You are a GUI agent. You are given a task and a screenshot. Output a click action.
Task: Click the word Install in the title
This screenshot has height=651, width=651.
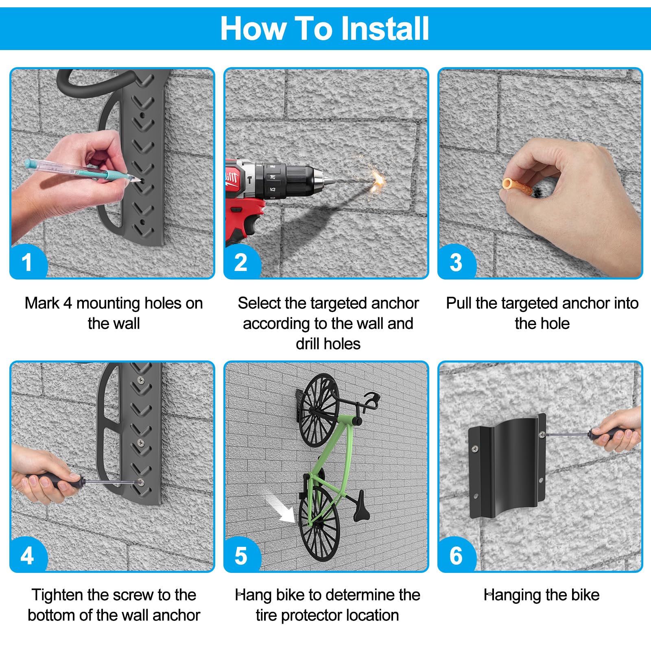(x=384, y=28)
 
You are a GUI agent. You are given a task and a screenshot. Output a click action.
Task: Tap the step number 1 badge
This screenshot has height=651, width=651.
(x=27, y=262)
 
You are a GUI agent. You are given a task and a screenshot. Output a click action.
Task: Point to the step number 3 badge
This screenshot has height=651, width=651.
(x=456, y=262)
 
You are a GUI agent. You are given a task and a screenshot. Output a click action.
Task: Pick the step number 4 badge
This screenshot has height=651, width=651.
(x=27, y=555)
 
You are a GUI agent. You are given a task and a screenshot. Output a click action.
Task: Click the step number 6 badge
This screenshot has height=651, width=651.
(x=456, y=555)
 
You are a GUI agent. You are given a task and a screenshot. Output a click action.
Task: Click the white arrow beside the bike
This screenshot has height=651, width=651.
(x=281, y=509)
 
